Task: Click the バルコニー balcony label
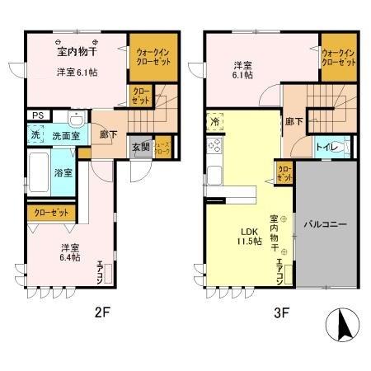click(324, 224)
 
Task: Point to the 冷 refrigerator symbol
click(214, 120)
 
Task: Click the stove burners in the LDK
click(216, 147)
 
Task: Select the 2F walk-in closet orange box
click(153, 57)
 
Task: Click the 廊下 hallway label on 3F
click(294, 121)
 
